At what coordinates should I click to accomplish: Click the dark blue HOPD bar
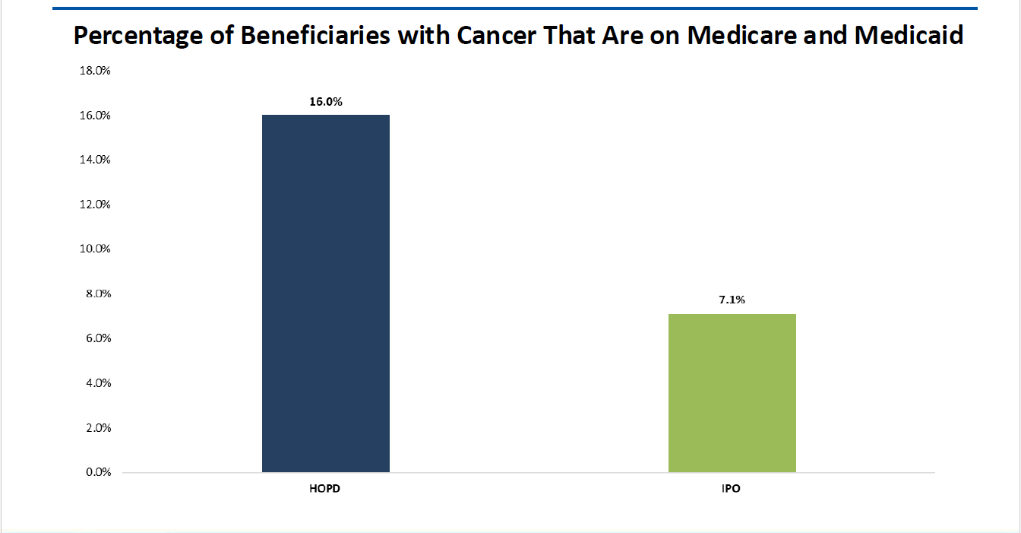[325, 293]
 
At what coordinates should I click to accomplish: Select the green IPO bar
[732, 393]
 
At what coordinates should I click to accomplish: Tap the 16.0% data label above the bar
[326, 102]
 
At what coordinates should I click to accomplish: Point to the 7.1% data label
[732, 300]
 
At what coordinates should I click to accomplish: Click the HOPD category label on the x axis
[325, 488]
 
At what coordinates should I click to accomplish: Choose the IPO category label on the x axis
[732, 488]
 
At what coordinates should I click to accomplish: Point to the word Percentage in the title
[135, 36]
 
